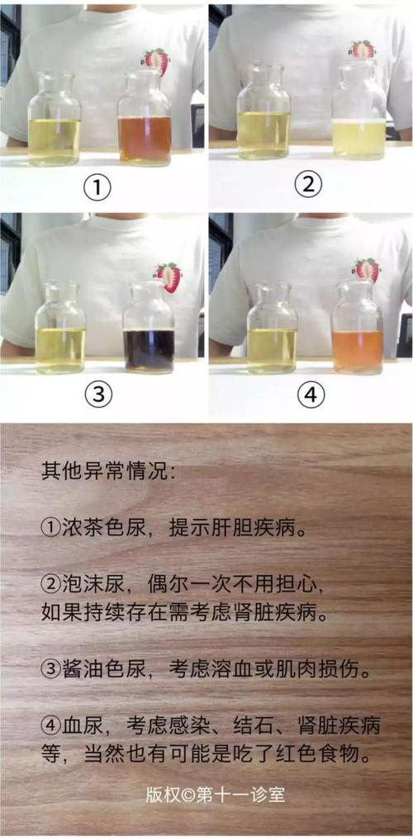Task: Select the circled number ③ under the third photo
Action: click(x=98, y=394)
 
